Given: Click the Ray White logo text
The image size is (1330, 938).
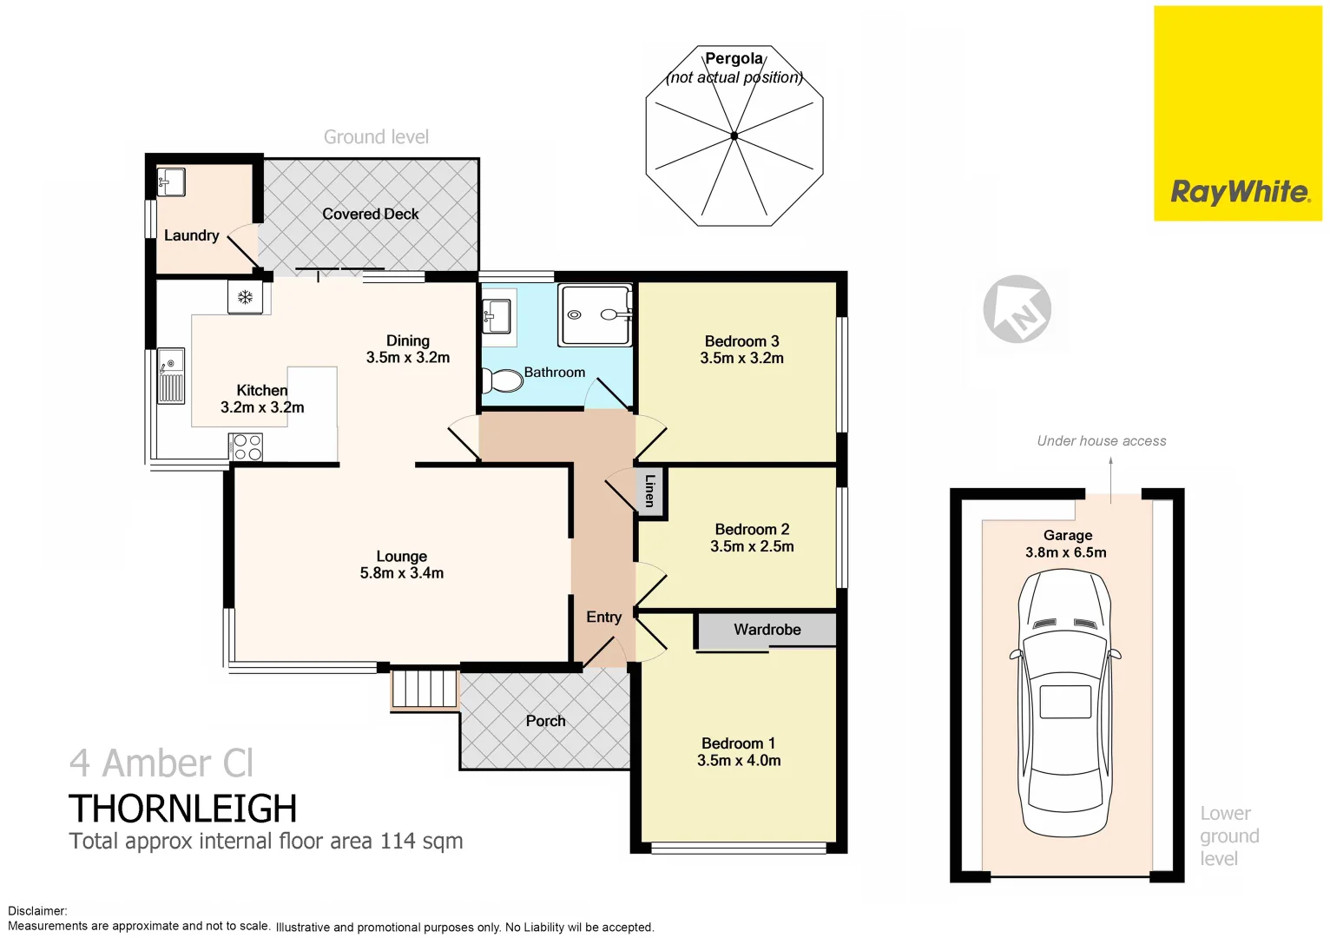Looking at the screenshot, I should coord(1239,192).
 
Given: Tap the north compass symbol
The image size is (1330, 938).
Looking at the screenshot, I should coord(1017,309).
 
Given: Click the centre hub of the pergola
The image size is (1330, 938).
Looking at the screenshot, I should coord(734,135).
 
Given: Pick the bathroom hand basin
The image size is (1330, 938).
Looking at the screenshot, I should coord(497,314).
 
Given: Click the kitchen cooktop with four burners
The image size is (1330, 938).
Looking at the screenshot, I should coord(247,447).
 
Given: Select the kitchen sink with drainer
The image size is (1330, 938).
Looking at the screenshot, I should coord(171,376).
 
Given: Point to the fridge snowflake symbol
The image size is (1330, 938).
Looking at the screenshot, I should coord(245,298).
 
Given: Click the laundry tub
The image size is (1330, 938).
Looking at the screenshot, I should coord(170,182).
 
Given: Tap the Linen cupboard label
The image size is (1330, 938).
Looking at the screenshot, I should coord(649,491).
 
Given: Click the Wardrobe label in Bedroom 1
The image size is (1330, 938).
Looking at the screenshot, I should coord(767,630).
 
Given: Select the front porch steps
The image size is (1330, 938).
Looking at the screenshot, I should coord(424,689).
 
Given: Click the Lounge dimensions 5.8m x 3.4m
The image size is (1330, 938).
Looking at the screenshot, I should coord(401,573).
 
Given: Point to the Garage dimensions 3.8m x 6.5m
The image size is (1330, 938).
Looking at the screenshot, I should coord(1065,552).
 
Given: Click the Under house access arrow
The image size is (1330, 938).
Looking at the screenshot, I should coord(1110,476).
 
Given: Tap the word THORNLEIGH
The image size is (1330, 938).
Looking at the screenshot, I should coord(182,809).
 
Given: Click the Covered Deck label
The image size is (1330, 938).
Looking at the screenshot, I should coord(370,214).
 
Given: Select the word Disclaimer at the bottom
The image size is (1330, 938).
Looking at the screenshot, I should coord(36,911).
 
